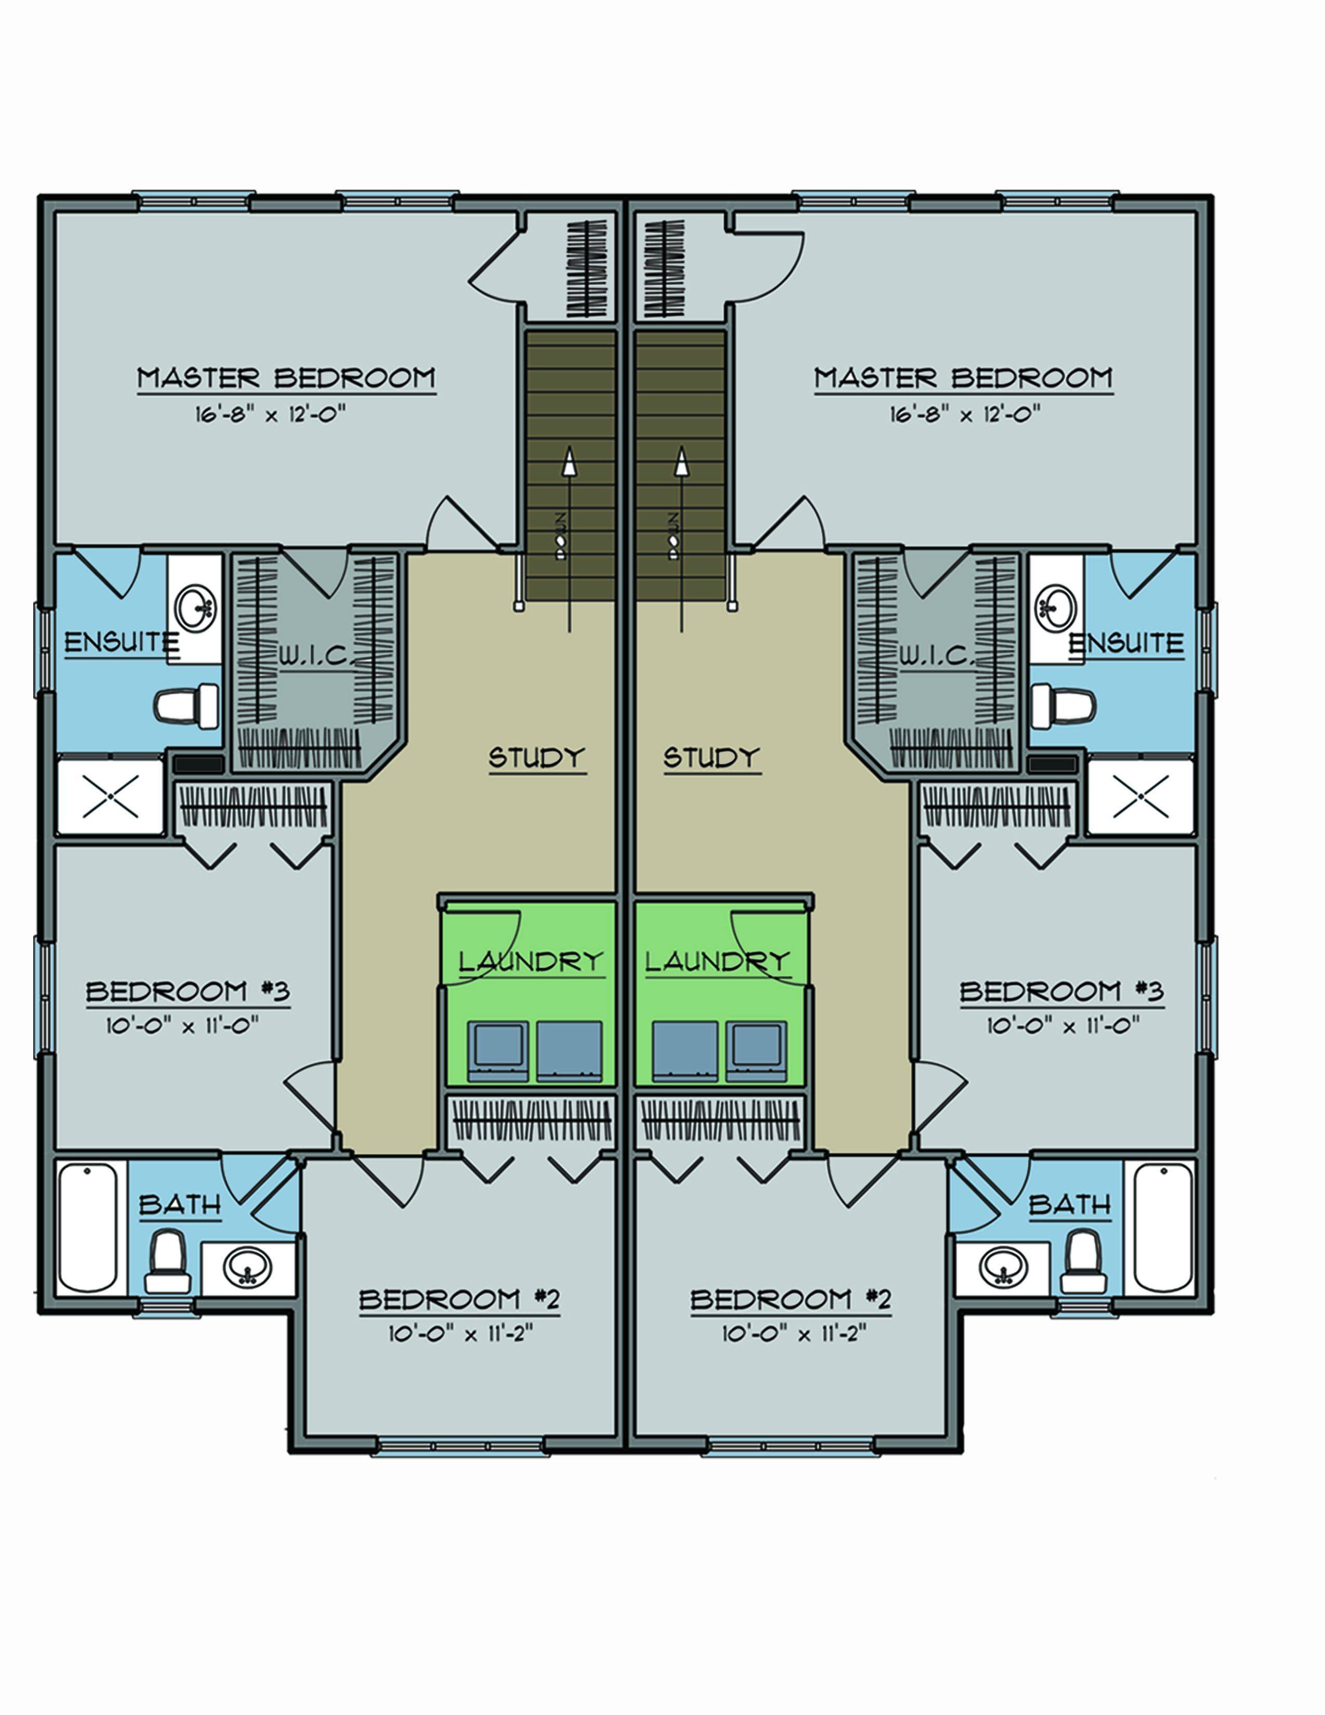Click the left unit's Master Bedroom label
pos(286,378)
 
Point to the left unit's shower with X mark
pos(111,796)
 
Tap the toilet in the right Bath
pos(1083,1262)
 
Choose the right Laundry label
pos(716,961)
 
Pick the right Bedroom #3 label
pos(1061,992)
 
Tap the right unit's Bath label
pos(1069,1204)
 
